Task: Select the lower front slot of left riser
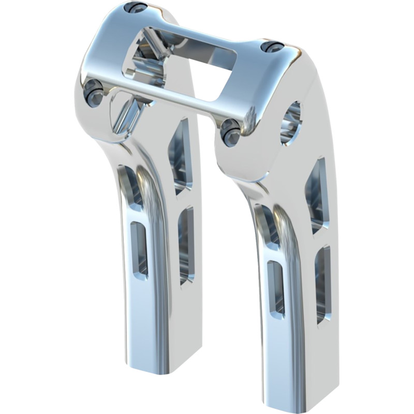pos(139,248)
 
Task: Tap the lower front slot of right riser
pos(275,287)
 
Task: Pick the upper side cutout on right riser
pos(317,194)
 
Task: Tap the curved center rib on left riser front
pos(158,217)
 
